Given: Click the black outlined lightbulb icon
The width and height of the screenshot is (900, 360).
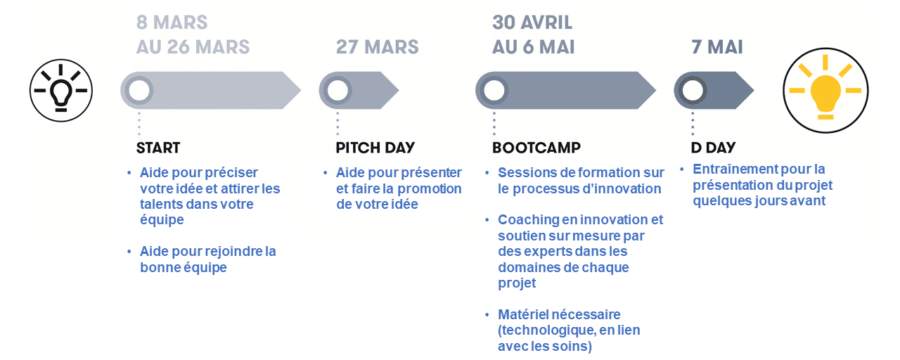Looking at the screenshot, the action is click(61, 91).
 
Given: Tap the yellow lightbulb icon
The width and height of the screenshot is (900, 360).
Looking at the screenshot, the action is click(825, 91).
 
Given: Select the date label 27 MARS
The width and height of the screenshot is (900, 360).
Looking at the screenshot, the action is click(378, 47).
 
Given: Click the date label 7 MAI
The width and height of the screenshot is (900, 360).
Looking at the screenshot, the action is click(717, 47).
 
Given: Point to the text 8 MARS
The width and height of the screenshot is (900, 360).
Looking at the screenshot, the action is click(172, 22).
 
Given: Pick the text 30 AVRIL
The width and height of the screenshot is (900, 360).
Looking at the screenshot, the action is click(532, 22).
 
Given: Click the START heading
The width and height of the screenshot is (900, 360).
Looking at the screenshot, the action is click(158, 148).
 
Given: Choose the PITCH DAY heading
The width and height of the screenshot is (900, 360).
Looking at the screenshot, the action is click(375, 148).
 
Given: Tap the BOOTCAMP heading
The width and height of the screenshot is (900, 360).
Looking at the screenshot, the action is click(536, 148).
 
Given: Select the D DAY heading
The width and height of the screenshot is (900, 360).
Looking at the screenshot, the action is click(713, 148).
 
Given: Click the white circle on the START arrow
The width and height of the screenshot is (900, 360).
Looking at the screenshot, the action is click(139, 91).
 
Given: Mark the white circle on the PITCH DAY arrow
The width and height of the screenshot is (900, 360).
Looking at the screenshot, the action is click(337, 91).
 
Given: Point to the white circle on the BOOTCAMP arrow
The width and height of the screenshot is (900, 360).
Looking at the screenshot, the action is click(494, 91).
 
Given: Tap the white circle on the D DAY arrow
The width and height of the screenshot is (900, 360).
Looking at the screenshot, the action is click(693, 91).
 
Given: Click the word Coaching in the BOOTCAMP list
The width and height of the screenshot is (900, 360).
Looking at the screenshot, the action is click(529, 220).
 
